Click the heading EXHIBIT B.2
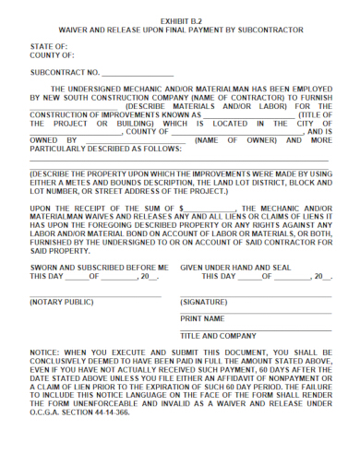(x=180, y=19)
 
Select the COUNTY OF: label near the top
(x=51, y=54)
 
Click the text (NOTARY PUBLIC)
(x=61, y=302)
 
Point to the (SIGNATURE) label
(x=204, y=302)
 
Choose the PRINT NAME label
(x=202, y=318)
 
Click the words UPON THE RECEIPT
(x=76, y=209)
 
